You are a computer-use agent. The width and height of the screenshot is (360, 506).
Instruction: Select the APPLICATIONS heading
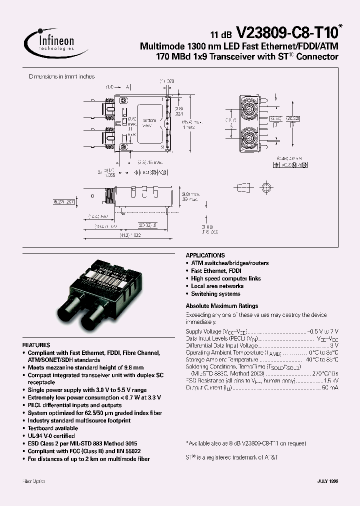click(x=205, y=255)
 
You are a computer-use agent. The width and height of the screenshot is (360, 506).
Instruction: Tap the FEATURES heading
click(x=36, y=345)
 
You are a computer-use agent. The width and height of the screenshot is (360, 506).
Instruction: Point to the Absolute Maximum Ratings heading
click(x=221, y=305)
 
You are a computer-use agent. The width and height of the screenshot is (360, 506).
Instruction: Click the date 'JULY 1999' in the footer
click(x=327, y=481)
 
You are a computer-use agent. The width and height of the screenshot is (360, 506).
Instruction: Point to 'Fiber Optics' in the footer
click(x=34, y=481)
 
